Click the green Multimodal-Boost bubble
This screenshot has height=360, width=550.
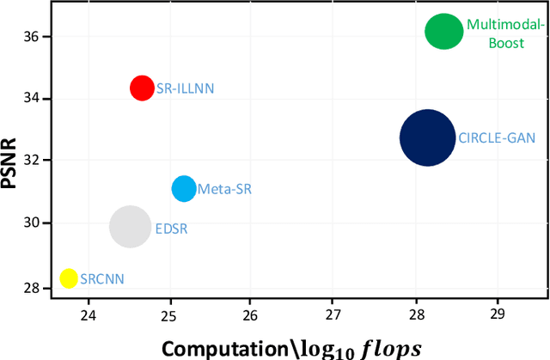click(443, 32)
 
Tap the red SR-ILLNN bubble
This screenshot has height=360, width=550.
click(142, 87)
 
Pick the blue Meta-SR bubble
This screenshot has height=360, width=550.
click(184, 189)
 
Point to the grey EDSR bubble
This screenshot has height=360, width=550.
click(130, 227)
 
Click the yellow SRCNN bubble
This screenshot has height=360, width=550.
click(68, 278)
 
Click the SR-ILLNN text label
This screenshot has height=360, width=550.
click(185, 88)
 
